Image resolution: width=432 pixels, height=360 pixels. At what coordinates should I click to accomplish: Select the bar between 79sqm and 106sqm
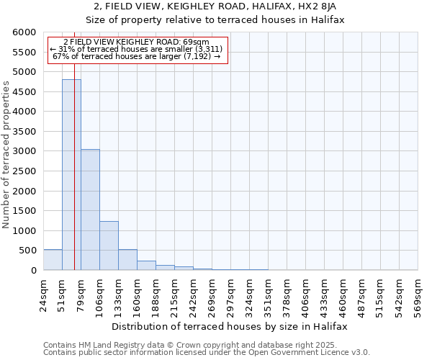[90, 210]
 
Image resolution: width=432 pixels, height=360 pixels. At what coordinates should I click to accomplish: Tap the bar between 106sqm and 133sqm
[109, 246]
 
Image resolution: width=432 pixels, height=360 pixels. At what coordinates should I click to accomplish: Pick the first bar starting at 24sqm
[53, 260]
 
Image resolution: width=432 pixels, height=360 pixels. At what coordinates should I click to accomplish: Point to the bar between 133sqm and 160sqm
[127, 260]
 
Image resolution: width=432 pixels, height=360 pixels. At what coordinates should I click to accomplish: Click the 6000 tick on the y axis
[27, 32]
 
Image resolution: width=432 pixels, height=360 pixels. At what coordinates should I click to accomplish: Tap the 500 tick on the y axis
[30, 251]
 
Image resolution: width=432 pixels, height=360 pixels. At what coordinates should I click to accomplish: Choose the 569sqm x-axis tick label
[418, 294]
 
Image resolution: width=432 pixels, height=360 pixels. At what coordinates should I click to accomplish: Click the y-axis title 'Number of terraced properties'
[7, 155]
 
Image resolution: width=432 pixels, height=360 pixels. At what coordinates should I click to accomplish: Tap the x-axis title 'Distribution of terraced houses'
[230, 326]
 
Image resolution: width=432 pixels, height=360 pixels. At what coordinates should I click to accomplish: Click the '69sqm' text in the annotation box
[196, 42]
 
